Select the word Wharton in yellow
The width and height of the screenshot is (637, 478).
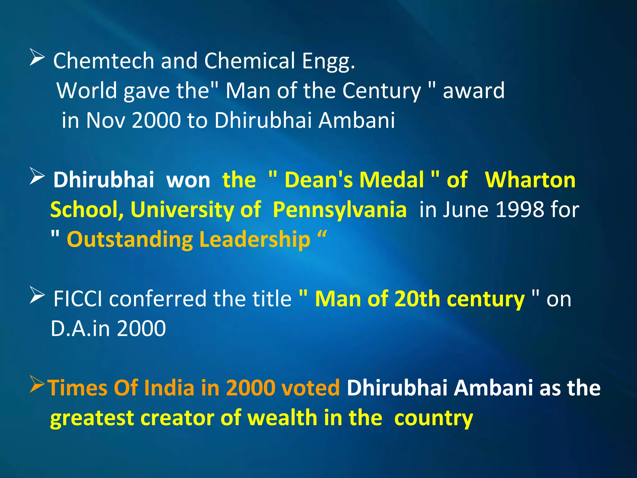point(530,180)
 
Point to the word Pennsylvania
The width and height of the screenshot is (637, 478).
point(340,210)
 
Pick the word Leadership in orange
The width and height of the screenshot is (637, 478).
point(254,240)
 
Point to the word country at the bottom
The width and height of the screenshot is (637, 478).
point(433,418)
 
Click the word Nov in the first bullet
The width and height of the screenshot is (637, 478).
point(105,120)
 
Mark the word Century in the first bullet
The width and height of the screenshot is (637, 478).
point(381,91)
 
